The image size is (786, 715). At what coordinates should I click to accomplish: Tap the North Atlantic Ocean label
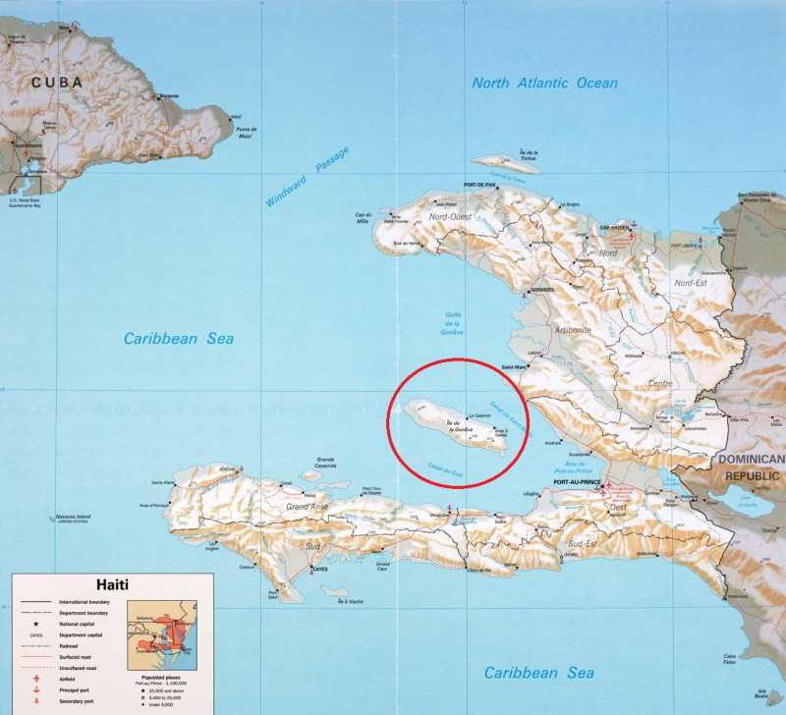coord(544,83)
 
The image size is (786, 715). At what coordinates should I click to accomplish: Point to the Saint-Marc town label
coord(513,368)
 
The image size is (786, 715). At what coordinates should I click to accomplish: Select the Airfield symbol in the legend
coord(36,679)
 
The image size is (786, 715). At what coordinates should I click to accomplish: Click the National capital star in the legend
coord(36,625)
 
